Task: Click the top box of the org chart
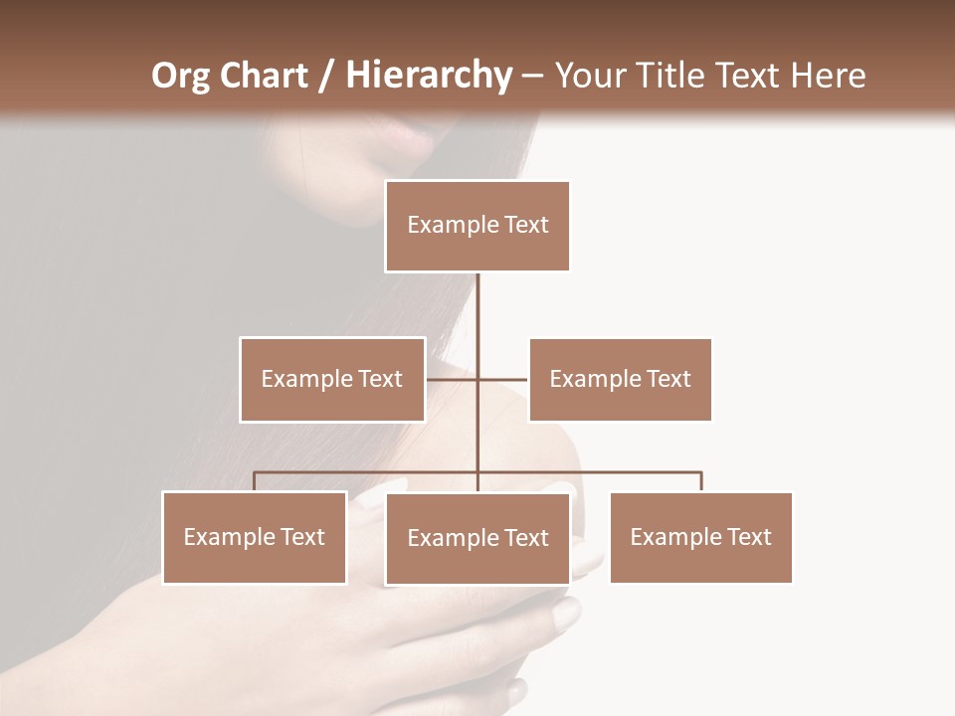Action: [477, 226]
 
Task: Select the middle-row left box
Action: [332, 379]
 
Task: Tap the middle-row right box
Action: [620, 379]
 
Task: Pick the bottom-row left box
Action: [255, 537]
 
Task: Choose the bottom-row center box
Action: [477, 538]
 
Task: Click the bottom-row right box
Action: [700, 537]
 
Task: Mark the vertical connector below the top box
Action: [477, 318]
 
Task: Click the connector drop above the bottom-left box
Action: [255, 481]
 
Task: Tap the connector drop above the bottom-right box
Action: [700, 481]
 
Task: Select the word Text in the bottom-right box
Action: [748, 537]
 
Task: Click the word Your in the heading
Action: [588, 76]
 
